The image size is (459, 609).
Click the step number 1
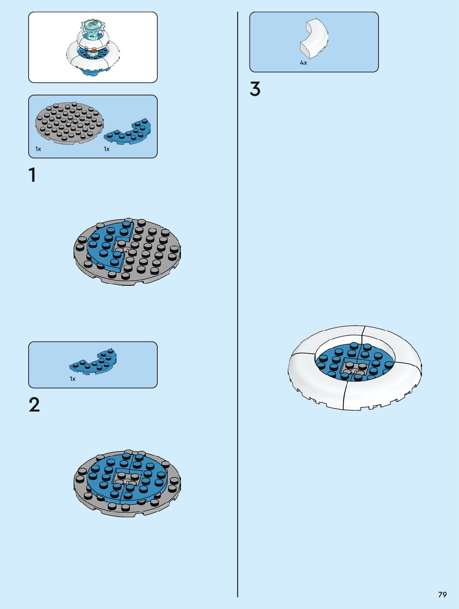[x=32, y=175]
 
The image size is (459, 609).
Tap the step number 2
[x=34, y=405]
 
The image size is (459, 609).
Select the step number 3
[x=255, y=89]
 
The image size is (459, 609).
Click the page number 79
[x=442, y=594]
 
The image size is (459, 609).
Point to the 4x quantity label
[x=303, y=63]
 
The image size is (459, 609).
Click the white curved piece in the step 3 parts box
[x=314, y=38]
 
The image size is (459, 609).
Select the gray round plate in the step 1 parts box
[x=69, y=123]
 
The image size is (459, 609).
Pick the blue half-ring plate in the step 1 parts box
[x=128, y=132]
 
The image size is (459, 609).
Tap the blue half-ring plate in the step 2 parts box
[x=94, y=362]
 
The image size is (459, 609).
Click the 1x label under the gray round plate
[x=38, y=149]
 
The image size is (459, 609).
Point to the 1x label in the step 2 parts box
[x=73, y=379]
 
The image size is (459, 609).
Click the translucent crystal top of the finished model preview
[x=93, y=28]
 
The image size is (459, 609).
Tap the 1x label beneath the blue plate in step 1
[x=107, y=149]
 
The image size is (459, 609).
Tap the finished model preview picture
[x=93, y=47]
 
